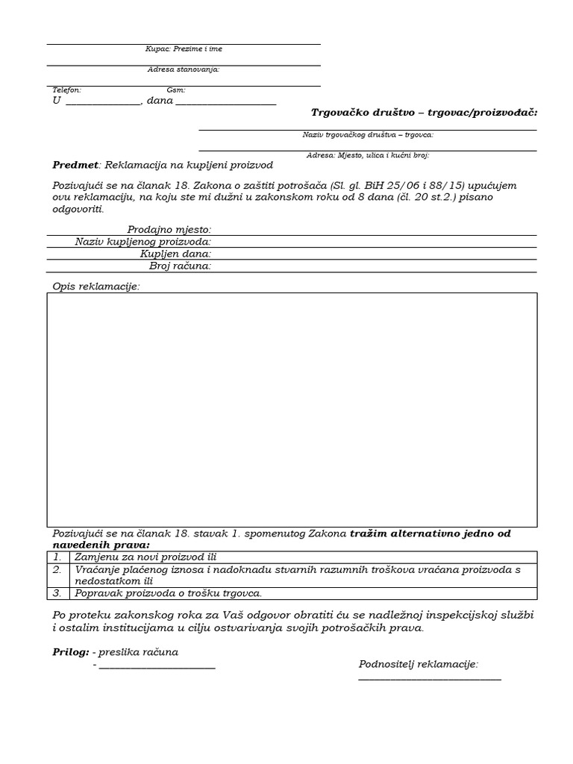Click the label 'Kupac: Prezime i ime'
184,49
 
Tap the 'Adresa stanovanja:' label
184,70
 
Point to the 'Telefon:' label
67,90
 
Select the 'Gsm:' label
176,90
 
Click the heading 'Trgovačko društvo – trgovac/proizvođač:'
424,113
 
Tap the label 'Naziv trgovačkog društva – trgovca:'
368,135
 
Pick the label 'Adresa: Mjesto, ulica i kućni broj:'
368,156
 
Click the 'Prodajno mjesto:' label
169,230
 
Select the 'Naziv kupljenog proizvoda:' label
143,242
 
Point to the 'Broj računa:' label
180,266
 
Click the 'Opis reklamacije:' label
96,286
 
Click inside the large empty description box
292,410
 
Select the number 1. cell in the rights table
57,557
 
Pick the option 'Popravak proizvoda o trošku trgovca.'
169,594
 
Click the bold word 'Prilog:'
71,652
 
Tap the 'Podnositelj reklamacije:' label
419,664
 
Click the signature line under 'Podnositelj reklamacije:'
430,679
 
